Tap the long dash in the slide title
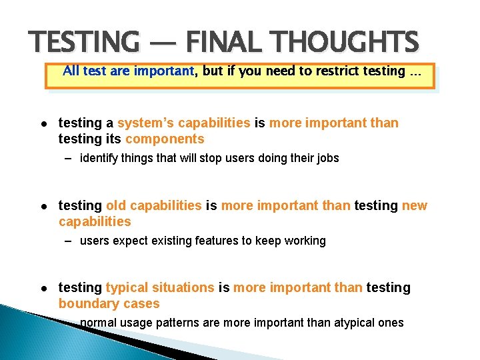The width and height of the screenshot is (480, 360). [x=161, y=43]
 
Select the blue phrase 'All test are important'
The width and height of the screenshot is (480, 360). [x=129, y=71]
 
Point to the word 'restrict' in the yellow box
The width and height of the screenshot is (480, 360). [x=329, y=71]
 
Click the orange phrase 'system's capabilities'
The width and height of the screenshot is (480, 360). [x=183, y=123]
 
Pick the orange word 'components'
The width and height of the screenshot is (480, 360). [x=165, y=139]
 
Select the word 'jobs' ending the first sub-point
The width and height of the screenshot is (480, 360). [x=327, y=159]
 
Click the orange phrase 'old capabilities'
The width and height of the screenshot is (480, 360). [x=153, y=205]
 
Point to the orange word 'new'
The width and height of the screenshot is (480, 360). [x=414, y=206]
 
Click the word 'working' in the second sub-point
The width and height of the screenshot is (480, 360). [x=305, y=241]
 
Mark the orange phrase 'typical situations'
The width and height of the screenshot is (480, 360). [x=160, y=288]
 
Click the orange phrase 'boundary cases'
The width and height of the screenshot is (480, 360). [x=109, y=304]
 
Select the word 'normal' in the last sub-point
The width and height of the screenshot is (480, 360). [x=97, y=323]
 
